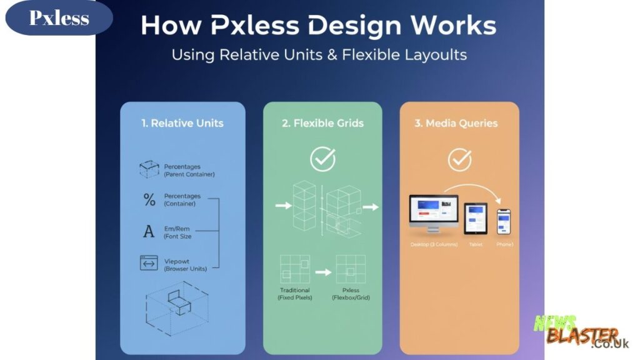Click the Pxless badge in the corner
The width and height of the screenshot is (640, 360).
[x=59, y=18]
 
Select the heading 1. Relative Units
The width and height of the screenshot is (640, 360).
[x=182, y=123]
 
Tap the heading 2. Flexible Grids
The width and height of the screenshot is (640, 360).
[x=322, y=123]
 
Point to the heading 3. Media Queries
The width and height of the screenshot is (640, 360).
[x=459, y=123]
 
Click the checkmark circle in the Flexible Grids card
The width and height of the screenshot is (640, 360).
[x=322, y=160]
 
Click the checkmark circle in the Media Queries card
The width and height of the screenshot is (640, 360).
[x=459, y=160]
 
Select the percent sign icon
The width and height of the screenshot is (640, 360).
[x=149, y=199]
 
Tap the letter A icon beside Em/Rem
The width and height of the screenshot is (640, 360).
[x=149, y=232]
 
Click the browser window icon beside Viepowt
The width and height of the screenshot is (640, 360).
[x=149, y=263]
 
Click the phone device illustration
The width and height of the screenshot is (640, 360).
[x=504, y=222]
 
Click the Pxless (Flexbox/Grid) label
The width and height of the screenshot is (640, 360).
[x=351, y=294]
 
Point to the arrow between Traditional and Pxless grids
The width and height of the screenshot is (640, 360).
[x=322, y=272]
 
